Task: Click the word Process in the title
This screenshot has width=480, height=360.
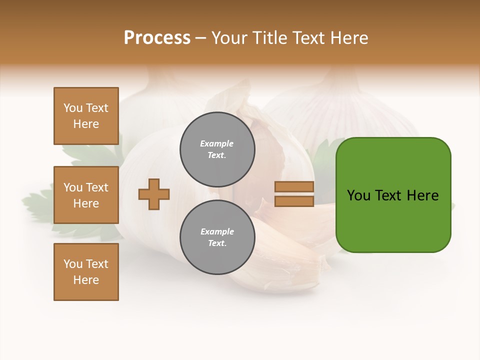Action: click(157, 38)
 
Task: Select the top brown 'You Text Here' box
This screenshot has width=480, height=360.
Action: click(86, 116)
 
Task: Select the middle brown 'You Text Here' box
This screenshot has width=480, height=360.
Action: click(86, 195)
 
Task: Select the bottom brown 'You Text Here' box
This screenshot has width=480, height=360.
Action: click(86, 272)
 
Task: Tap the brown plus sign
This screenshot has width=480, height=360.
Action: click(154, 194)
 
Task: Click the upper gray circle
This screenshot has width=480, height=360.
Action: click(217, 149)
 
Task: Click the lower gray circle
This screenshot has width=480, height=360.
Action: click(217, 237)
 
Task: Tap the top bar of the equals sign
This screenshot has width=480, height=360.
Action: click(294, 187)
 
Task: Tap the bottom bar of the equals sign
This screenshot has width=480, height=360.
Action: click(294, 201)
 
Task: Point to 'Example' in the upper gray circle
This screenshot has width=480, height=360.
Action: click(217, 143)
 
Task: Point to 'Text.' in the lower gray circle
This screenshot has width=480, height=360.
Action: click(217, 243)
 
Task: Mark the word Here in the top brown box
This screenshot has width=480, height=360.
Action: click(86, 124)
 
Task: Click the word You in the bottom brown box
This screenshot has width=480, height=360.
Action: click(73, 264)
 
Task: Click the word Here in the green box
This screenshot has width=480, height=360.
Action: click(422, 195)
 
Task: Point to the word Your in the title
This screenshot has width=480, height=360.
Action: click(230, 38)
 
